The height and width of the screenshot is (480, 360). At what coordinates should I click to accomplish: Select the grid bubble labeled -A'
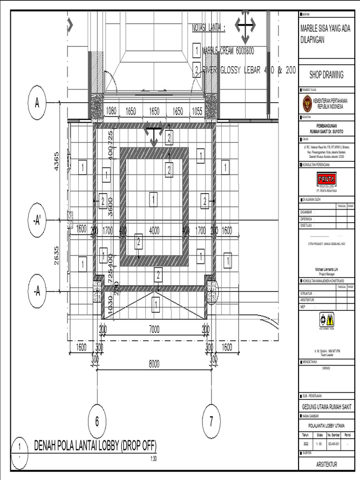pyautogui.click(x=37, y=221)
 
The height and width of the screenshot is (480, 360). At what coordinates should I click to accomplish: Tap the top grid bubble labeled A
pyautogui.click(x=37, y=103)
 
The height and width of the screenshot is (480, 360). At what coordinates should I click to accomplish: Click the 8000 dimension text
pyautogui.click(x=154, y=364)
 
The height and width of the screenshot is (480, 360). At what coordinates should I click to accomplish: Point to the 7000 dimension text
pyautogui.click(x=154, y=330)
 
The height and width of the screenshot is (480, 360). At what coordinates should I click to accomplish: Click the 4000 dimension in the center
pyautogui.click(x=154, y=230)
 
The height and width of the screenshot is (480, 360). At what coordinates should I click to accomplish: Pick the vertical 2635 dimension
pyautogui.click(x=56, y=255)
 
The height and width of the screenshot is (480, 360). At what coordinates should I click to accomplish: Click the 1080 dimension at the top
pyautogui.click(x=111, y=111)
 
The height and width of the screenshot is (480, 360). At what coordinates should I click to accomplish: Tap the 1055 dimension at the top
pyautogui.click(x=197, y=111)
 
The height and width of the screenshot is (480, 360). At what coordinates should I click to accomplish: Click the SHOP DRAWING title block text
pyautogui.click(x=326, y=75)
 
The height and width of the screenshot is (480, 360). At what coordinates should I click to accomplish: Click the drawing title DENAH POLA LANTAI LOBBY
pyautogui.click(x=95, y=445)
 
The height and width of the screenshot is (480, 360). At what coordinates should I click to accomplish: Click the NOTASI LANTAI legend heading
pyautogui.click(x=209, y=29)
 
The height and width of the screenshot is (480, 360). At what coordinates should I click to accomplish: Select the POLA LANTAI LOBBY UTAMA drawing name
pyautogui.click(x=326, y=426)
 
